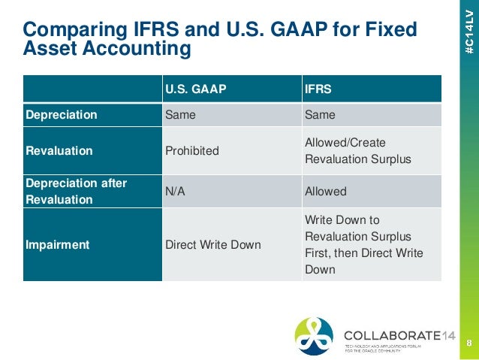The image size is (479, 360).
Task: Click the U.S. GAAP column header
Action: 195,88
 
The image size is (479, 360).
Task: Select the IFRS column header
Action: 318,88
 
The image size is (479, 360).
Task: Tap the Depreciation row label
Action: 62,115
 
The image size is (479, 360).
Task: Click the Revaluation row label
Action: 59,150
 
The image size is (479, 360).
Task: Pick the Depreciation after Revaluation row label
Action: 77,192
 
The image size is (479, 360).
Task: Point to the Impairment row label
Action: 57,244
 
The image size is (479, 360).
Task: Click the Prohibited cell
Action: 191,150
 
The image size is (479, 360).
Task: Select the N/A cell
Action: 175,192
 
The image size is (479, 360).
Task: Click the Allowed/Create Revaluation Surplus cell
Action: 348,150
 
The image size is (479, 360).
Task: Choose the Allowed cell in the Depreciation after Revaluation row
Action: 325,192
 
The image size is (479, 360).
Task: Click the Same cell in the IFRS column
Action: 320,115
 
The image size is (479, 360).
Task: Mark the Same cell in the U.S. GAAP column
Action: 180,115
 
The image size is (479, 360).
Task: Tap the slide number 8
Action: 468,343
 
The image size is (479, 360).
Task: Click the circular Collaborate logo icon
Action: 314,336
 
